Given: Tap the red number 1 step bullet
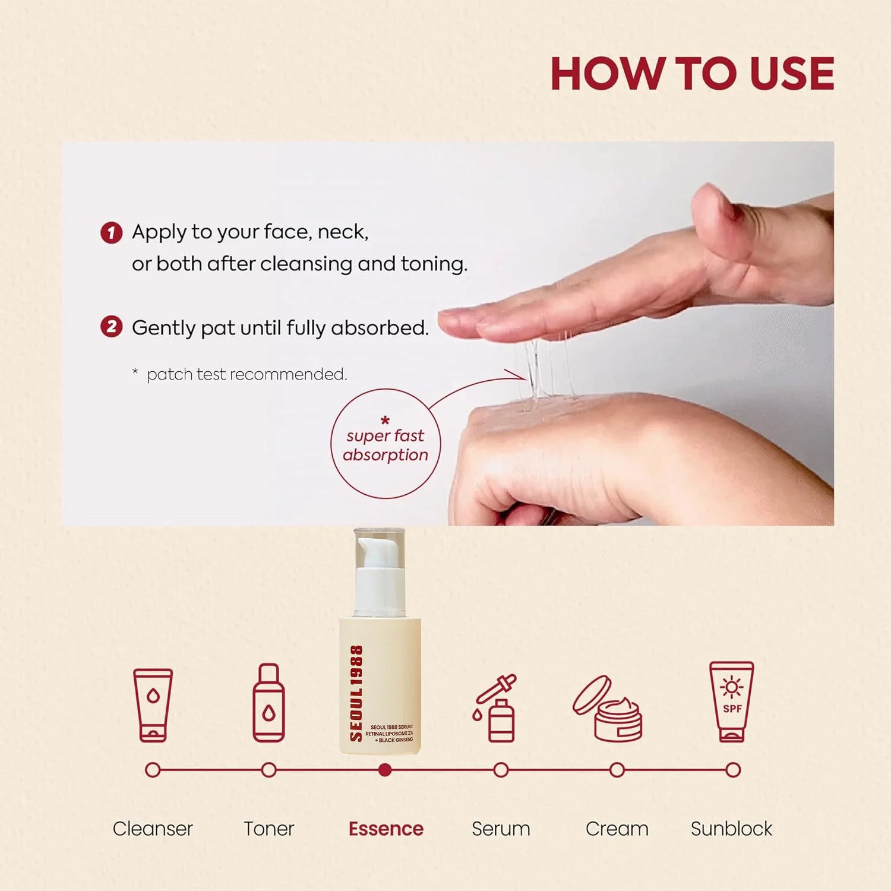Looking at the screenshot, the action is click(111, 232).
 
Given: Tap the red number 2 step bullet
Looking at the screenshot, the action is click(111, 326).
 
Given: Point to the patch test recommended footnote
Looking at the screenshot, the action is click(240, 374).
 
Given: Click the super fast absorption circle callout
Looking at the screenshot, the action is click(386, 443).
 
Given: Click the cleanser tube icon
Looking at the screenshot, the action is click(153, 705).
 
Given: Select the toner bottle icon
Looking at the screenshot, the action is click(268, 703).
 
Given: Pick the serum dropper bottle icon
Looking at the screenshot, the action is click(495, 707).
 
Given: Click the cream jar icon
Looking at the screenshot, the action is click(608, 709).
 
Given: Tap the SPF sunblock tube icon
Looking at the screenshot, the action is click(732, 702).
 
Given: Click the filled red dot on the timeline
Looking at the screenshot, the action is click(385, 770).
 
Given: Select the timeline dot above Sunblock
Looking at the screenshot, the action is click(733, 770).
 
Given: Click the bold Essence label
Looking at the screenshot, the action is click(386, 829).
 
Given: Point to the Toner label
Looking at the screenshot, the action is click(269, 829).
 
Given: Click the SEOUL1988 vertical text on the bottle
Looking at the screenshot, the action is click(356, 693).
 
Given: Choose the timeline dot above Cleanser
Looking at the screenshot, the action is click(153, 770).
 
